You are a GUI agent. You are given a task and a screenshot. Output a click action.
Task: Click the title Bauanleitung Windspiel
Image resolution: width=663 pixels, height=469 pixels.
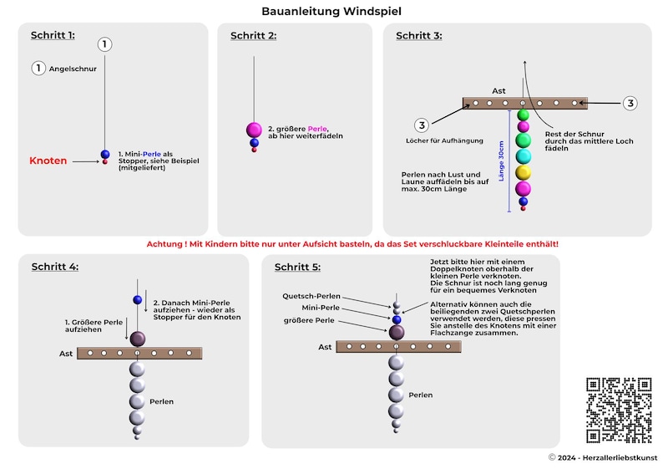click(331, 12)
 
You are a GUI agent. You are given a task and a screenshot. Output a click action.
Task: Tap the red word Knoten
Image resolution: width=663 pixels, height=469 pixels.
click(48, 161)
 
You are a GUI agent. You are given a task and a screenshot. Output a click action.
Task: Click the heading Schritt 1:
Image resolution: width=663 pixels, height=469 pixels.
click(53, 35)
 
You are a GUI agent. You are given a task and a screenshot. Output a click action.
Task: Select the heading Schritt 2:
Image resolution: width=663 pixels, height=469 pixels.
click(253, 36)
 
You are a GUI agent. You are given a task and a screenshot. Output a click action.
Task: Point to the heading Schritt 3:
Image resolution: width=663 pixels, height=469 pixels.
click(419, 36)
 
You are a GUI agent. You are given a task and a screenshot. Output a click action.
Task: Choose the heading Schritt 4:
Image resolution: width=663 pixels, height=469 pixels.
click(55, 267)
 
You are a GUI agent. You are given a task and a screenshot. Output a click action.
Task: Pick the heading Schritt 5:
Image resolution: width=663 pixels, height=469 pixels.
click(297, 267)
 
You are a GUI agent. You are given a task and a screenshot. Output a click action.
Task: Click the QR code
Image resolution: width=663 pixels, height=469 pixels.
click(619, 410)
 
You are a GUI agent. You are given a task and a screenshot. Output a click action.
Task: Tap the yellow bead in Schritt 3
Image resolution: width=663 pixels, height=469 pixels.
click(523, 173)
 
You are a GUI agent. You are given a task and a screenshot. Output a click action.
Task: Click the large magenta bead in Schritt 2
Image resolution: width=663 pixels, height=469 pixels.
click(254, 130)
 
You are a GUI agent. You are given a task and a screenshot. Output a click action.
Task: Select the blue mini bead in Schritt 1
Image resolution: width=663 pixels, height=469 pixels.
click(105, 155)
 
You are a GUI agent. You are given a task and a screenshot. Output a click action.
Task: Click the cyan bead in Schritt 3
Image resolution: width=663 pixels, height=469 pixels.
click(523, 156)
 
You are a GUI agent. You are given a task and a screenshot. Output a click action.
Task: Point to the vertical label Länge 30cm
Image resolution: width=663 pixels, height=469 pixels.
click(502, 161)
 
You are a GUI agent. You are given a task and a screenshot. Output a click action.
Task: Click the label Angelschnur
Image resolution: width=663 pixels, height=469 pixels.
click(73, 69)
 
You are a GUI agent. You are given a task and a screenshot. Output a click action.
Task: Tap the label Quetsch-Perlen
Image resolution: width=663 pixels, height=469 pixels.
click(311, 296)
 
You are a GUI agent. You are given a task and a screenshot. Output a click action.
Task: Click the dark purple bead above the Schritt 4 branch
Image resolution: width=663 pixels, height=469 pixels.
click(138, 339)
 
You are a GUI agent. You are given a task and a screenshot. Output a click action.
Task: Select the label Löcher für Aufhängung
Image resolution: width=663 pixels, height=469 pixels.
click(444, 140)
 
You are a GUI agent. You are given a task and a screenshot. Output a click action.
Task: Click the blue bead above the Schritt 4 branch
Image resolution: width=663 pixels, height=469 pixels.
click(138, 300)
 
